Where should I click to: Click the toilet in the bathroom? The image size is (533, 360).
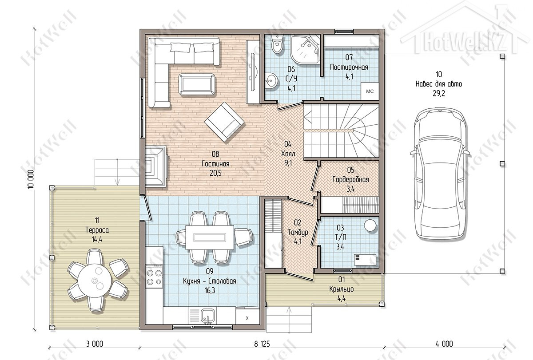[277, 44]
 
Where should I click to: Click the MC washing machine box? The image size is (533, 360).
[370, 91]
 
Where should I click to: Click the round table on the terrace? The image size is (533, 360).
[95, 280]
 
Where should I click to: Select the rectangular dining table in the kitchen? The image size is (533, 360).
[210, 237]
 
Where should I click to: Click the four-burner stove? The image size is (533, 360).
[154, 277]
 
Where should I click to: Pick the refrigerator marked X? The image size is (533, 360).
[247, 317]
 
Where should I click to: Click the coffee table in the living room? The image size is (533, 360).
[197, 85]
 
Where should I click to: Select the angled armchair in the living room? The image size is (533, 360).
[224, 122]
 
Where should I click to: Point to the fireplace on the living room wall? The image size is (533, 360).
[156, 166]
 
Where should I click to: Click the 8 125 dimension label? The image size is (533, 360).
[262, 344]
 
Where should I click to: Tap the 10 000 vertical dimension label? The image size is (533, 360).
[31, 179]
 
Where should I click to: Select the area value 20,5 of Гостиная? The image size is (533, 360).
[215, 173]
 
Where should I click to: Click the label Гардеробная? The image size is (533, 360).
[350, 179]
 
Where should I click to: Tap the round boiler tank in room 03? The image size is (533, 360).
[370, 225]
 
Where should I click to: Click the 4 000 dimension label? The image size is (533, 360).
[444, 344]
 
